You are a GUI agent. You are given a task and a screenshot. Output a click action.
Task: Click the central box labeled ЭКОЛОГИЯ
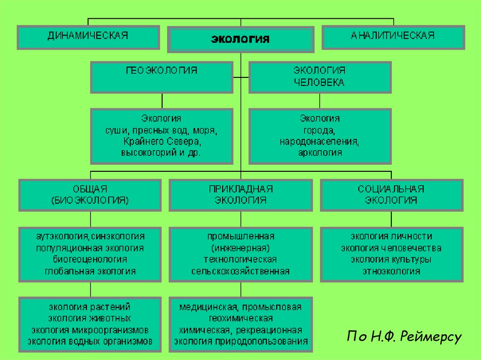[x=240, y=39]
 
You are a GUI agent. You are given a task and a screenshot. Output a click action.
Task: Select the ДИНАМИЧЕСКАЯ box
[x=88, y=37]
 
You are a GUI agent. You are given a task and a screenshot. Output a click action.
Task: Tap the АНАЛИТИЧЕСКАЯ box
[x=393, y=37]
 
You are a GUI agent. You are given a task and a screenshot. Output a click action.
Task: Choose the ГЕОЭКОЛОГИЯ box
[x=162, y=77]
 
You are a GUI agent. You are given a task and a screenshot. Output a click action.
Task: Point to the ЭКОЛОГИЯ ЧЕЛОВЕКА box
[x=319, y=77]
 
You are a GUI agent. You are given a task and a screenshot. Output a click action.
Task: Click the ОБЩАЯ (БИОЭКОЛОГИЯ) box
[x=90, y=194]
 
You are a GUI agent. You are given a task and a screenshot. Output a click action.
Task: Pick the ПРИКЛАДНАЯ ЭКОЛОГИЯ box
[x=240, y=194]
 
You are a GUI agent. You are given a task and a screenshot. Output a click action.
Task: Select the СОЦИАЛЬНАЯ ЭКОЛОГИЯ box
[x=391, y=194]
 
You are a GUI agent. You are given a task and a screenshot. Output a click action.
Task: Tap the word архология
[x=319, y=153]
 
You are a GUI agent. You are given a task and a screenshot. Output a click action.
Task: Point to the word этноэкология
[x=391, y=271]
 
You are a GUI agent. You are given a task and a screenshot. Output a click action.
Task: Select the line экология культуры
[x=391, y=260]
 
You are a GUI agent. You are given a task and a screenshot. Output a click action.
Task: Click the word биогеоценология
[x=90, y=260]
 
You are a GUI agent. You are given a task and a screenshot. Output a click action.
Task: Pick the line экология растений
[x=90, y=307]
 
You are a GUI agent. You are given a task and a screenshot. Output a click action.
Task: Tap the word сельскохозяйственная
[x=240, y=271]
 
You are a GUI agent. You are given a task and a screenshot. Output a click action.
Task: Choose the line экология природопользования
[x=240, y=342]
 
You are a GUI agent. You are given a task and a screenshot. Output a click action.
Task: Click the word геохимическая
[x=240, y=319]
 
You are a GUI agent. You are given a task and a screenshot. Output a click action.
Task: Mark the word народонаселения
[x=319, y=141]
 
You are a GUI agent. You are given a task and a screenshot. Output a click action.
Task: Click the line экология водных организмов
[x=90, y=342]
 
